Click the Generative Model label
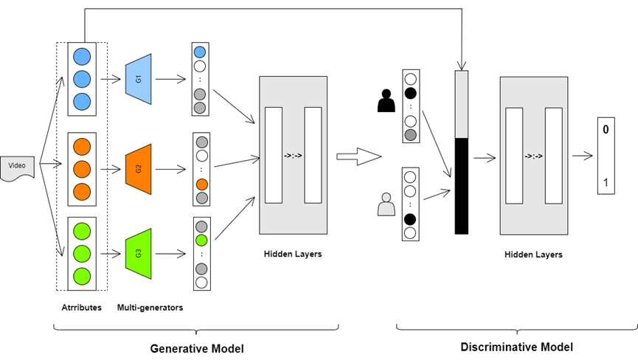click(x=197, y=347)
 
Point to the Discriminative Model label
click(x=516, y=347)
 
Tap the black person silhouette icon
click(x=386, y=100)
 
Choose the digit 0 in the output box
click(x=606, y=130)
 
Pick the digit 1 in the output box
click(x=606, y=181)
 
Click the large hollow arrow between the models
click(x=358, y=156)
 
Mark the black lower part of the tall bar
click(x=461, y=185)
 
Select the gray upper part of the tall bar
click(x=461, y=103)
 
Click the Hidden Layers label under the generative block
click(x=293, y=254)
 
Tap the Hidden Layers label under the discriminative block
click(x=533, y=255)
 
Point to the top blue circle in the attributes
click(x=81, y=56)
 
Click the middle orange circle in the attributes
click(x=81, y=168)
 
